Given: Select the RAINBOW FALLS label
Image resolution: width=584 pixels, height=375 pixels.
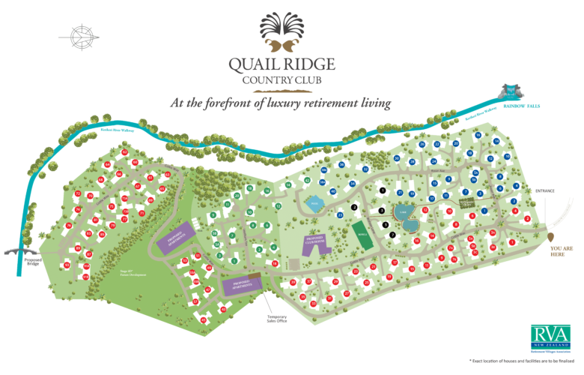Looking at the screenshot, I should pyautogui.click(x=522, y=106).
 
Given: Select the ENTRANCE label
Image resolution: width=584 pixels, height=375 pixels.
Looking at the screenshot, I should pyautogui.click(x=545, y=191).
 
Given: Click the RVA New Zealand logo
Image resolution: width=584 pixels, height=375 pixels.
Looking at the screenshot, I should pyautogui.click(x=550, y=337).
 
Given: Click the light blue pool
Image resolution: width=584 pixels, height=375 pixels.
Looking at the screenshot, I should pyautogui.click(x=315, y=202).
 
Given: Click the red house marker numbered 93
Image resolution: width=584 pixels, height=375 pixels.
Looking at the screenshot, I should pyautogui.click(x=67, y=265).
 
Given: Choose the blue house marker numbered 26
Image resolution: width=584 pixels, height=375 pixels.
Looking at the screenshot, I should pyautogui.click(x=423, y=144).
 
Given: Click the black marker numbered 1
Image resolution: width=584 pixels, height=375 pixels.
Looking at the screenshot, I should pyautogui.click(x=382, y=191).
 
